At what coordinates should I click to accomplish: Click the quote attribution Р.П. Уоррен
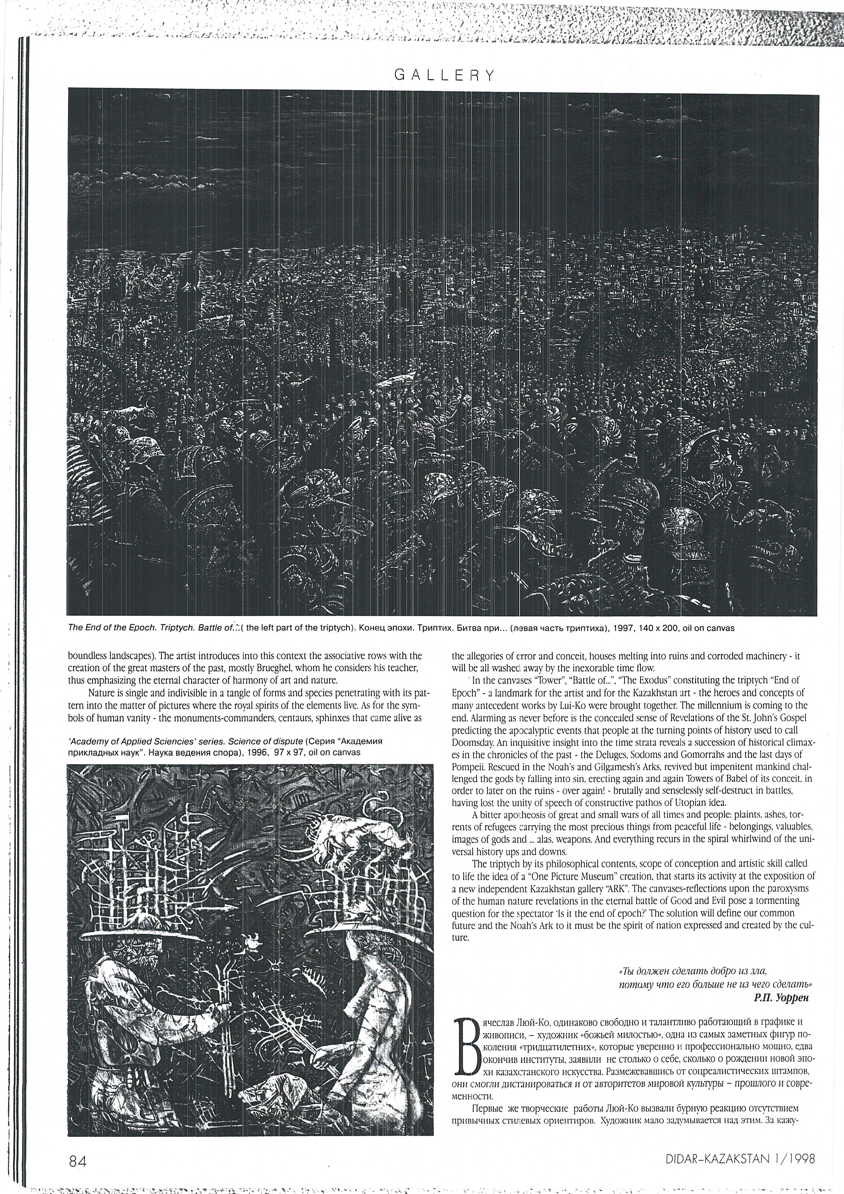781,996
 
